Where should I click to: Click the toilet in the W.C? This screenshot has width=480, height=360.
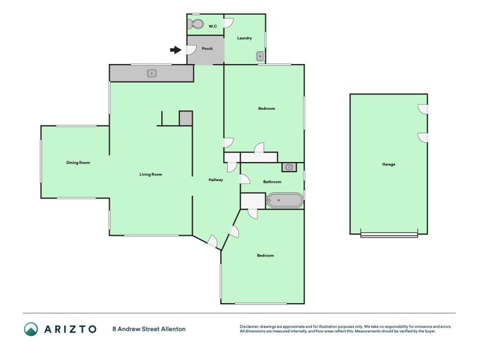pos(196,24)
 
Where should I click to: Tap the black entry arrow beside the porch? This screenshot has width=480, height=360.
pos(176,50)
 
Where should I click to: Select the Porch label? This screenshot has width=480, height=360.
pos(207,49)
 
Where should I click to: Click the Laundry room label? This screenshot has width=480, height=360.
pos(244,38)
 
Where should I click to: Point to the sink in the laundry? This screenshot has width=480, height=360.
pos(260,56)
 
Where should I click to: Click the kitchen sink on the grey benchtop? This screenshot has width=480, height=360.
pos(152,73)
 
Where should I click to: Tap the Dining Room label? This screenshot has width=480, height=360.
pos(78,163)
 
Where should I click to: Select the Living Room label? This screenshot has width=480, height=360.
pos(151,175)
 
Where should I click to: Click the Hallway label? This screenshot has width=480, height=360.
pos(216,180)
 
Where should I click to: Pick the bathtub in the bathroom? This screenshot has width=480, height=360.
pos(284,200)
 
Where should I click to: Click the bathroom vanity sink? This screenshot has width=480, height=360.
pos(289,167)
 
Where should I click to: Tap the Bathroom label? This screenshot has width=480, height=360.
pos(272,182)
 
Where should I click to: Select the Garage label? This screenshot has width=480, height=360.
pos(388,164)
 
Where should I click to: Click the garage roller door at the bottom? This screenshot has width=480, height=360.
pos(389,235)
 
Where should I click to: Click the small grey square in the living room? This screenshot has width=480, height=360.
pos(186,118)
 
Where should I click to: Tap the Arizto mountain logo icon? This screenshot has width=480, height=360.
pos(31,329)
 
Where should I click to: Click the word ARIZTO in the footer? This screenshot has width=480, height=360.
pos(70,329)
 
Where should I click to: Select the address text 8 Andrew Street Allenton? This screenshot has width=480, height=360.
pos(149,329)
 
